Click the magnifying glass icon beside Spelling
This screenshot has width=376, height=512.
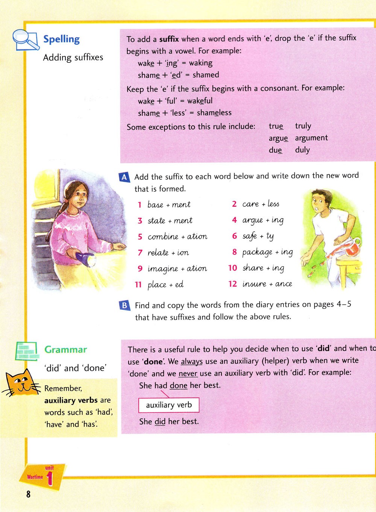click(25, 40)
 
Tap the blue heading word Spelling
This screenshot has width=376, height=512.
click(61, 39)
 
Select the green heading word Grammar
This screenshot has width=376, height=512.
click(65, 349)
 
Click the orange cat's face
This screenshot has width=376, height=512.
click(22, 383)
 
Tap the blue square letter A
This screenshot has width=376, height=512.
click(124, 177)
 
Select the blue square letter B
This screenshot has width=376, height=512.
click(124, 305)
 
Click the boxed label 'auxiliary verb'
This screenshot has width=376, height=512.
click(169, 405)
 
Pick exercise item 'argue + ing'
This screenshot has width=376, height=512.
click(263, 220)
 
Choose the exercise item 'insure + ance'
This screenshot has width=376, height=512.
click(267, 284)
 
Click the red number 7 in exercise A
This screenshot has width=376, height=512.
click(140, 253)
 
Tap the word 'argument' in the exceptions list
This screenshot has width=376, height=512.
click(311, 138)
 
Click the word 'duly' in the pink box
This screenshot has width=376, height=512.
click(302, 150)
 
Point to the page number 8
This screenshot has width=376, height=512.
click(28, 494)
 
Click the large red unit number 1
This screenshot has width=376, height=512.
click(50, 480)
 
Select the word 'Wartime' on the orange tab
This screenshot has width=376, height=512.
click(35, 477)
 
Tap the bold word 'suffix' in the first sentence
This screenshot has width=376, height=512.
click(169, 39)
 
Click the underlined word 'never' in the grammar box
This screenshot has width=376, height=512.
click(188, 373)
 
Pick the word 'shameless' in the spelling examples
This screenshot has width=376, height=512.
click(214, 113)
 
